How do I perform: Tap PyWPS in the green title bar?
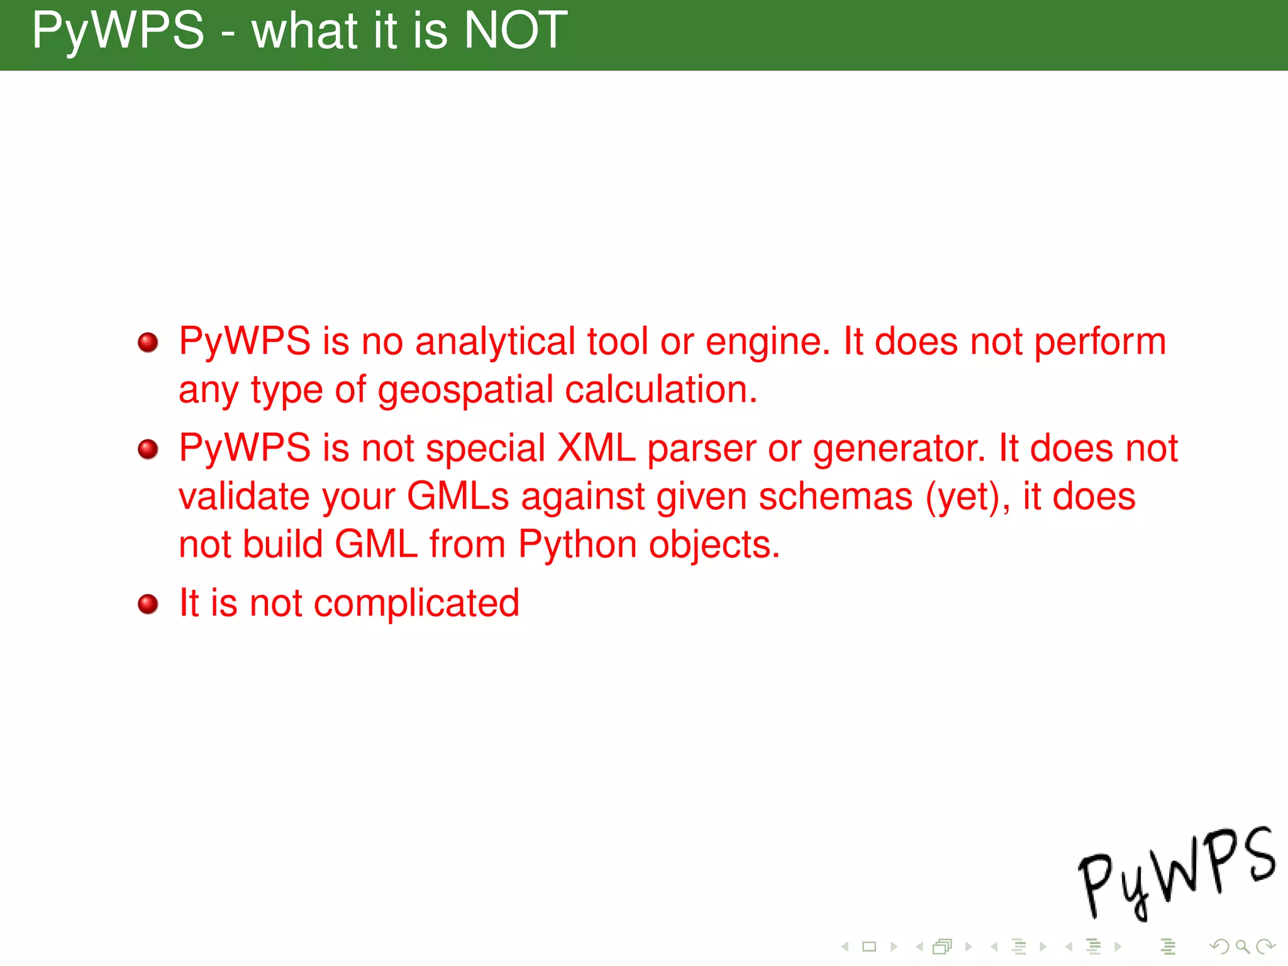[x=118, y=31]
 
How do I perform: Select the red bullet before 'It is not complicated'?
[x=148, y=604]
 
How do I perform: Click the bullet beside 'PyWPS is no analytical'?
[x=148, y=343]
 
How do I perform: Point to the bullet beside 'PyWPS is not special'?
[x=148, y=449]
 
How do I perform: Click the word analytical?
[x=495, y=343]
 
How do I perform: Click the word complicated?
[x=416, y=604]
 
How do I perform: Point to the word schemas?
[x=835, y=497]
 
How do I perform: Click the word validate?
[x=244, y=497]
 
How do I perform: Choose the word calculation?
[x=661, y=390]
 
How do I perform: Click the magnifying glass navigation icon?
[x=1242, y=947]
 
